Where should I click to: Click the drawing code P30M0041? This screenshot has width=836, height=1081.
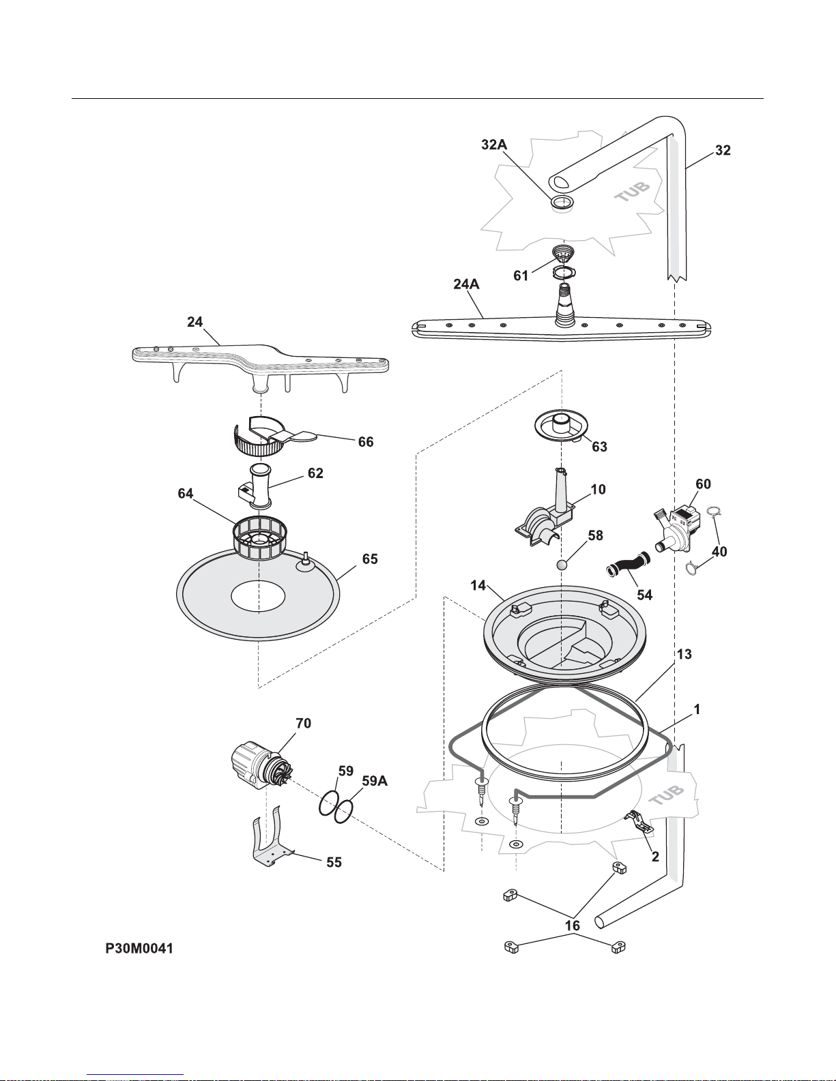(x=139, y=948)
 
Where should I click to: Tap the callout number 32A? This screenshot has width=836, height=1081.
(x=494, y=145)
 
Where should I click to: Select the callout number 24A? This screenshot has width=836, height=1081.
(x=466, y=284)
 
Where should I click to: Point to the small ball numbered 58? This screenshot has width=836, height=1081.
(x=562, y=565)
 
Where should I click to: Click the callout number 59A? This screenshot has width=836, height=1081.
(x=375, y=781)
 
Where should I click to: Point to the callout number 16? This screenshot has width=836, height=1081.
(x=573, y=925)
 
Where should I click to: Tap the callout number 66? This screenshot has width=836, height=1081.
(x=366, y=442)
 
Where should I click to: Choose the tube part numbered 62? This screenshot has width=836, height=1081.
(x=257, y=486)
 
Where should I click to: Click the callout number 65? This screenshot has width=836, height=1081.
(x=370, y=559)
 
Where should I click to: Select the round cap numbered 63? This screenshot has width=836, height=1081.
(x=561, y=427)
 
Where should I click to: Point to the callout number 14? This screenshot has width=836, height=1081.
(x=478, y=586)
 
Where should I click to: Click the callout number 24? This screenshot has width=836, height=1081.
(x=194, y=322)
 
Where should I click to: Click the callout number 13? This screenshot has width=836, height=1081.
(x=684, y=654)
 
